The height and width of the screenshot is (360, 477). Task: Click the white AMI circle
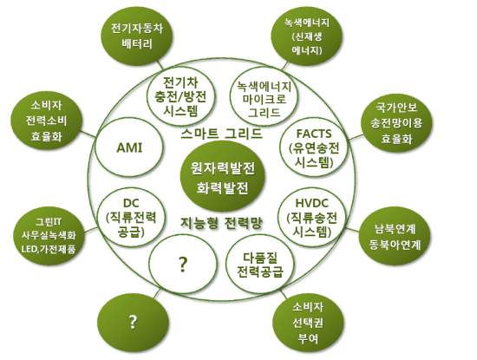[128, 147]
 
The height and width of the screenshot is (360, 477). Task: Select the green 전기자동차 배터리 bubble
[136, 36]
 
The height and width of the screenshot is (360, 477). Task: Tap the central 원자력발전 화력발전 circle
[222, 178]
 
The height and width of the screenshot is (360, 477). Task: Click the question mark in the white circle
[183, 264]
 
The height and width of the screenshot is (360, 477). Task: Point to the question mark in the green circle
[133, 322]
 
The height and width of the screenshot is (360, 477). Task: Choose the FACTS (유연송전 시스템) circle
[314, 148]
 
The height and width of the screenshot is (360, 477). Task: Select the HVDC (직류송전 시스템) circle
[312, 217]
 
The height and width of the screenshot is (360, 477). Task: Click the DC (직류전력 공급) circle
[131, 217]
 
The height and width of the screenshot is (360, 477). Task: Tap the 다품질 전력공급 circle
[260, 264]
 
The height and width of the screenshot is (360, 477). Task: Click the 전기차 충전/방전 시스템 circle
[180, 96]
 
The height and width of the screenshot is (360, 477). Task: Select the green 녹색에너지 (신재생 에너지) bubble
[307, 36]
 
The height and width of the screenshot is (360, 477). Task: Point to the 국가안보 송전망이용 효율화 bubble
[396, 122]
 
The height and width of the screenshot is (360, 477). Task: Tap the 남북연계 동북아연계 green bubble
[395, 237]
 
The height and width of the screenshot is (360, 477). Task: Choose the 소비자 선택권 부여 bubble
[308, 323]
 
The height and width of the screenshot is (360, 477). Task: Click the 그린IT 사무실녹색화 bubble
[49, 235]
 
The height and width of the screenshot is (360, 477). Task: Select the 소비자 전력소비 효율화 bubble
[46, 121]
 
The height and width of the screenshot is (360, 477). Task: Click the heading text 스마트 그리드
[221, 134]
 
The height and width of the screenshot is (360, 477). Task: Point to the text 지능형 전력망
[221, 223]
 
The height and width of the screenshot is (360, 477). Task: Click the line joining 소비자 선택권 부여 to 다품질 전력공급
[284, 294]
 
